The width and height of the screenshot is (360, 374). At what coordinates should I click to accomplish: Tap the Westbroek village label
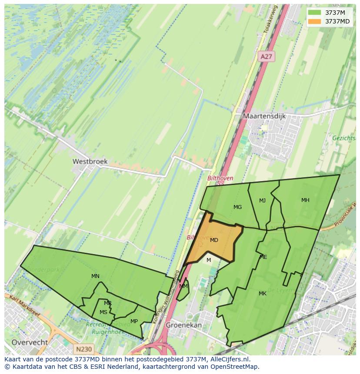click(x=90, y=161)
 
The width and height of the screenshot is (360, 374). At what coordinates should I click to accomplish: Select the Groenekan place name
click(x=184, y=325)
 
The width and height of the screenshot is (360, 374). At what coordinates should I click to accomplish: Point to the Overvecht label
click(x=30, y=342)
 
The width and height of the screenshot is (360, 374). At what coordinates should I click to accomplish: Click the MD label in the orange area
click(x=214, y=240)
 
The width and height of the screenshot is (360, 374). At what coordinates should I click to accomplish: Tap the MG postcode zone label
click(x=237, y=207)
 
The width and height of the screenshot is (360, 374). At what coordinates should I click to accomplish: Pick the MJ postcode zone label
click(x=262, y=201)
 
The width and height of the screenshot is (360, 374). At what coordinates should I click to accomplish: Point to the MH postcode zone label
click(x=305, y=200)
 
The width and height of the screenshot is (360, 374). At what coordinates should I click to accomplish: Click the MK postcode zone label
click(x=262, y=294)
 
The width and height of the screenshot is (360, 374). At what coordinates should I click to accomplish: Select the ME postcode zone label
click(x=263, y=257)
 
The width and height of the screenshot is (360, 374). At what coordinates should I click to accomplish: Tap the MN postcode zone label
click(x=95, y=276)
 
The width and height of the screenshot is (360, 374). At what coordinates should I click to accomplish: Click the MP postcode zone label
click(x=134, y=321)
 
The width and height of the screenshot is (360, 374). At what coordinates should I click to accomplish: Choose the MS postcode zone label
click(x=103, y=312)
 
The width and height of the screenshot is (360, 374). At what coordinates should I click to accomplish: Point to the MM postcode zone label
click(x=183, y=286)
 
